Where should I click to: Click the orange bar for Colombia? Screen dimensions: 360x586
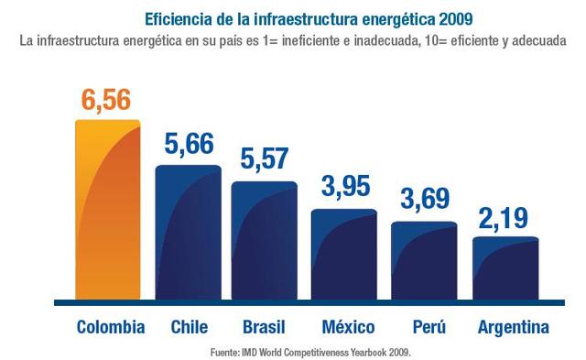[108, 211]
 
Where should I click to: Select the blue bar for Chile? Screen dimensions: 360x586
[189, 234]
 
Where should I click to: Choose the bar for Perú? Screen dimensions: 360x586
[424, 261]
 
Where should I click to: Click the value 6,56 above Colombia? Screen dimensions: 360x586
[109, 100]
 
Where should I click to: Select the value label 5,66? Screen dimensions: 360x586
[189, 145]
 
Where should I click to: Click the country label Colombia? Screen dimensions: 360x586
[110, 327]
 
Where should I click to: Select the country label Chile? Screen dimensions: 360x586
[190, 327]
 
